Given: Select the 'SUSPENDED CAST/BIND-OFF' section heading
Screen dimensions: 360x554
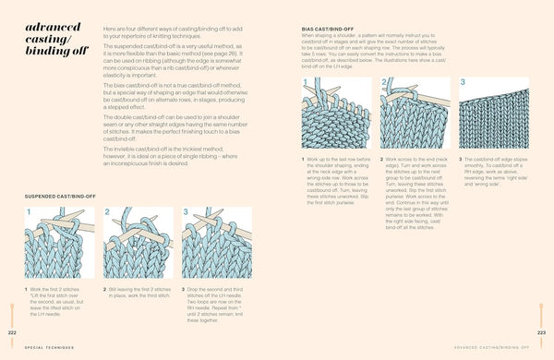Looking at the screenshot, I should pos(61,196).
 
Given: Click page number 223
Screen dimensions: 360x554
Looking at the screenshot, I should pos(541,331).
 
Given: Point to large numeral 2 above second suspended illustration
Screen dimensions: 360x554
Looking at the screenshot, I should pos(107,211).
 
